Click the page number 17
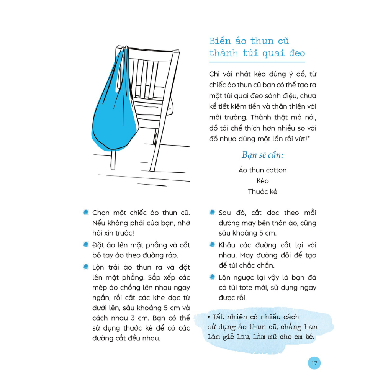(314, 363)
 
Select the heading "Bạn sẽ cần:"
(262, 155)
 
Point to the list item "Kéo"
(262, 181)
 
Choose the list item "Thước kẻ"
(262, 192)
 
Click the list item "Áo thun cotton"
(262, 170)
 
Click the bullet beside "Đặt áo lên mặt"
(85, 245)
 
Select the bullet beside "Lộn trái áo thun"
(85, 266)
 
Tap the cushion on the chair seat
(153, 111)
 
